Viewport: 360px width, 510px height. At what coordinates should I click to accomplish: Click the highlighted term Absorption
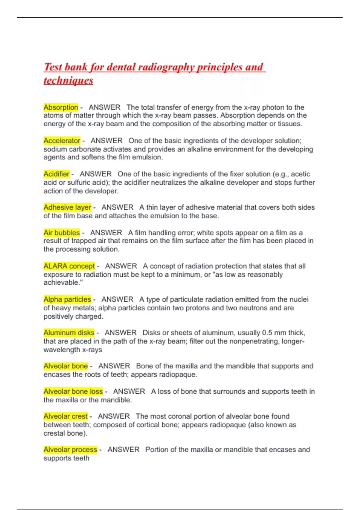[61, 107]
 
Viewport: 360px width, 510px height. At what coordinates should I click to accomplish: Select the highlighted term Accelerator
[62, 141]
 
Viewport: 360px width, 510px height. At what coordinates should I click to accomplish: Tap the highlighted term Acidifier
[56, 174]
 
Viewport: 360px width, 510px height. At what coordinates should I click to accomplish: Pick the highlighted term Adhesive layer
[67, 207]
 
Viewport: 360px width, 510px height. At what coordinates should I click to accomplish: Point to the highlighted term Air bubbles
[61, 233]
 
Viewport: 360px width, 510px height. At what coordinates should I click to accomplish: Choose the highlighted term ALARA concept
[69, 266]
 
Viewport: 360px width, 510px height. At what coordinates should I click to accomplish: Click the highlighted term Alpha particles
[67, 299]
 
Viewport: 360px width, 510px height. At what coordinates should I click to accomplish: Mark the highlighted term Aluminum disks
[69, 333]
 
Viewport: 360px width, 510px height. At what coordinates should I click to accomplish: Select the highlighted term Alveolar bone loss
[73, 391]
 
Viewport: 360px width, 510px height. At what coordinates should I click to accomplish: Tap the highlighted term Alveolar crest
[65, 416]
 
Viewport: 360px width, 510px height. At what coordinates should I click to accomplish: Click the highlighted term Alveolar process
[70, 450]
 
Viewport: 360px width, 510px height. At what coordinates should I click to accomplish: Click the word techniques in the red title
[68, 80]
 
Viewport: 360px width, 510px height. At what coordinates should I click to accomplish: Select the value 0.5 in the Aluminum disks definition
[267, 333]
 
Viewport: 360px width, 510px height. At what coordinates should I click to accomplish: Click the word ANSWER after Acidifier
[95, 174]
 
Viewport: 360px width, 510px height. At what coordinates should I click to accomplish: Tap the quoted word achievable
[62, 283]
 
